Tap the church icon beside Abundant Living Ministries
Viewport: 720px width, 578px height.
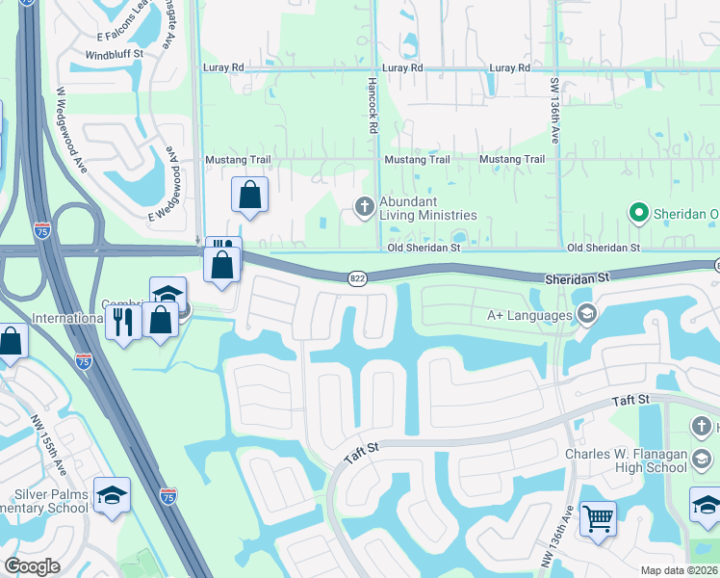tap(365, 205)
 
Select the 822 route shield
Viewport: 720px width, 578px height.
tap(356, 277)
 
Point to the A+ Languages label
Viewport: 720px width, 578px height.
tap(530, 313)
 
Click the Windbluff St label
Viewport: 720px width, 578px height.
tap(114, 55)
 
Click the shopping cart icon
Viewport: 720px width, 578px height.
tap(599, 519)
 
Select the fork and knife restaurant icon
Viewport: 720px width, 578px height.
tap(122, 320)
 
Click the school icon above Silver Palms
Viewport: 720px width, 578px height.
tap(113, 494)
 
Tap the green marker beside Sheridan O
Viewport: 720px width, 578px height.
tap(637, 212)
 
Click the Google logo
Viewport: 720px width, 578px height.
tap(33, 566)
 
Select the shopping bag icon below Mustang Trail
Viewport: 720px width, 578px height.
tap(249, 195)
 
